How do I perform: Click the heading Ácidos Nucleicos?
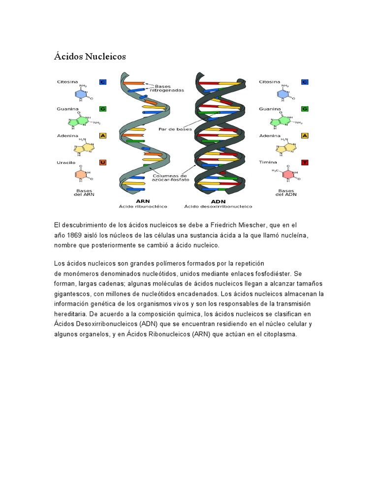[90, 57]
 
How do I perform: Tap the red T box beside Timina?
[305, 162]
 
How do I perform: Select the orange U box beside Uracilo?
[103, 162]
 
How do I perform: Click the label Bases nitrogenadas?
[168, 88]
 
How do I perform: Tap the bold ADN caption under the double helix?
[218, 201]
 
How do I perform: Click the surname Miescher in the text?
[265, 225]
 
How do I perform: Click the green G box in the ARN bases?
[103, 108]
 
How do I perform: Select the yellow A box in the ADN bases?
[305, 135]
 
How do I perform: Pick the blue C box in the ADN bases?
[305, 82]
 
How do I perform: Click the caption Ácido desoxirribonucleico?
[218, 207]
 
